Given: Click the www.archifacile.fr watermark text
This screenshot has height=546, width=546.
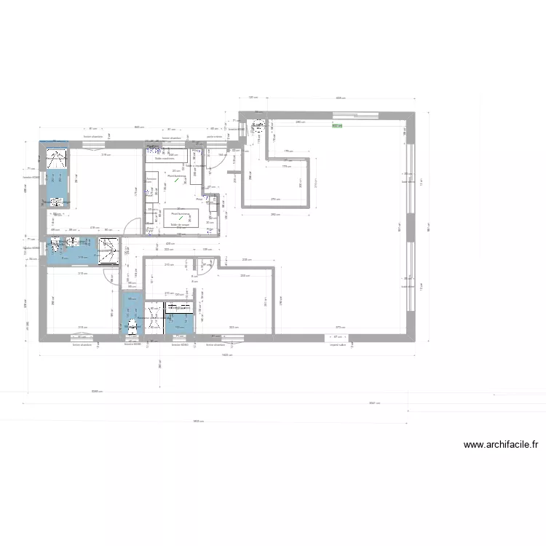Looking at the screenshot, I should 501,445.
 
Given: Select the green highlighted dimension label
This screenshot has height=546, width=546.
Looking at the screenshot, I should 336,125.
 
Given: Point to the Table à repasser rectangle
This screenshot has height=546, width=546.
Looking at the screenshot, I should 197,167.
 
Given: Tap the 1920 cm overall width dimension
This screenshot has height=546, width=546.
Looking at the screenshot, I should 226,355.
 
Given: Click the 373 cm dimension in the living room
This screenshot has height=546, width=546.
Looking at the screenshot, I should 339,328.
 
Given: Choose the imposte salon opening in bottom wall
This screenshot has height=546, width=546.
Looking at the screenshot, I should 336,336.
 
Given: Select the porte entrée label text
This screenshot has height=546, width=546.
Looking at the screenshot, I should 215,136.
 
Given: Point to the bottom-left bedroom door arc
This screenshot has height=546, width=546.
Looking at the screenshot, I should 110,277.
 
